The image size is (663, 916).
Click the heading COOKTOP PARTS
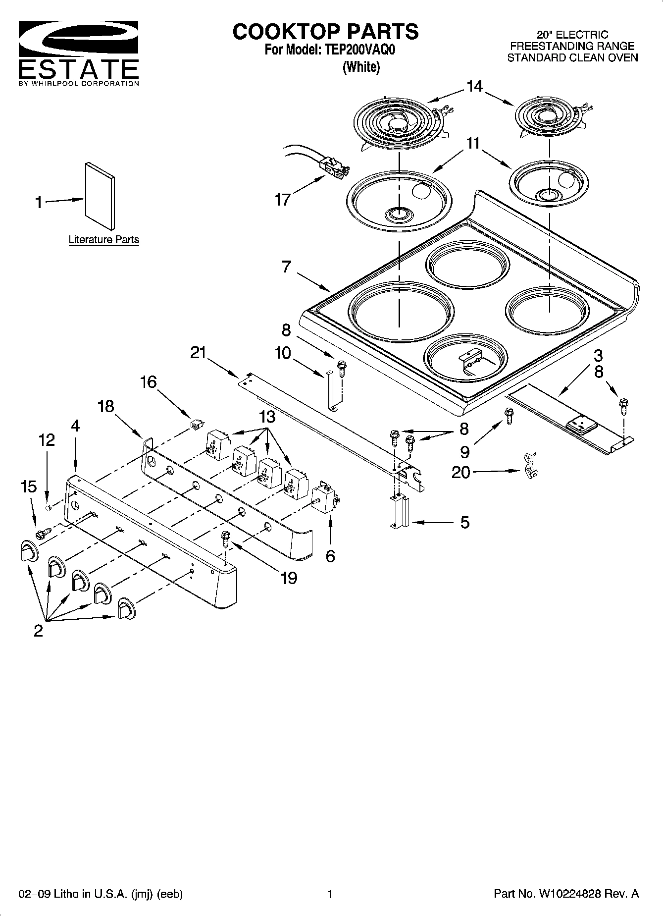point(325,32)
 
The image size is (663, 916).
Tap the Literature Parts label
point(103,240)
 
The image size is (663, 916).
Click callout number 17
point(283,200)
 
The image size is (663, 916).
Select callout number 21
point(198,353)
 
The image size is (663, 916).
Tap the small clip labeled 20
point(530,466)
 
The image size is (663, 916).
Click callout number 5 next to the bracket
point(464,522)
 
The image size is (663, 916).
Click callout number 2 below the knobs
point(38,631)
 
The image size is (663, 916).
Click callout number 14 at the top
point(474,87)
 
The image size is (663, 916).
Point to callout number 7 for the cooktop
point(286,267)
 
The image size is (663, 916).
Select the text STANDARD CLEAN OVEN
point(572,57)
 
